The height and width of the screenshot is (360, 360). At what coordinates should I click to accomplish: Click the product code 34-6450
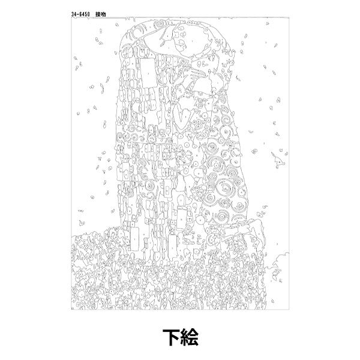tap(80, 14)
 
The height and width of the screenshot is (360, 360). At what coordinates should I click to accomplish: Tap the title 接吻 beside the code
tap(101, 14)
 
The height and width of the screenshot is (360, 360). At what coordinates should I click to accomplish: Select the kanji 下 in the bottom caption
tap(171, 337)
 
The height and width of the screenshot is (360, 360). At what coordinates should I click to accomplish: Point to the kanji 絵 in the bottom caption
tap(189, 337)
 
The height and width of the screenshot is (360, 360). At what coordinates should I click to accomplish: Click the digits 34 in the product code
tap(73, 14)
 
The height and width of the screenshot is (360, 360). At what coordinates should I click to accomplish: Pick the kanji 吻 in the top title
tap(103, 14)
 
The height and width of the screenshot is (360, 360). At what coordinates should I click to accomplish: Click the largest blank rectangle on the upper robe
tap(148, 73)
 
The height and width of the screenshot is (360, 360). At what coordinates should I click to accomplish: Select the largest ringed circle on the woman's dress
tap(223, 187)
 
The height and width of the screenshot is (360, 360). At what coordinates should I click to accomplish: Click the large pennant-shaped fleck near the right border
tap(278, 160)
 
